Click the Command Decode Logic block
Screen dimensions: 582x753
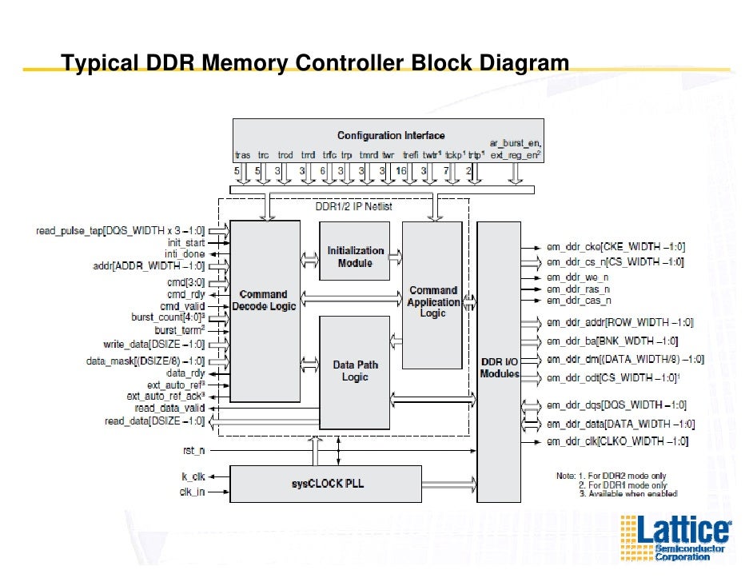coord(265,301)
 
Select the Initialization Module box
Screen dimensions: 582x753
coord(355,256)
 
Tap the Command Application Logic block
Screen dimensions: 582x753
coord(432,301)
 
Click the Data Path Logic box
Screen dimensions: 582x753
coord(355,371)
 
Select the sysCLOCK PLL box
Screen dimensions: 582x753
coord(325,484)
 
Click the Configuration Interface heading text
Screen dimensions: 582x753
coord(391,135)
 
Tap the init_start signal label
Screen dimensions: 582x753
coord(185,243)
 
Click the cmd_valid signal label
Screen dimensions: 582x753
coord(182,306)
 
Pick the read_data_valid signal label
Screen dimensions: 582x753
coord(169,408)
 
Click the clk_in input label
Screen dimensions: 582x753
coord(192,492)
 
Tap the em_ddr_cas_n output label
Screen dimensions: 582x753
coord(579,301)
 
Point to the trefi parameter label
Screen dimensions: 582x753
coord(411,155)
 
